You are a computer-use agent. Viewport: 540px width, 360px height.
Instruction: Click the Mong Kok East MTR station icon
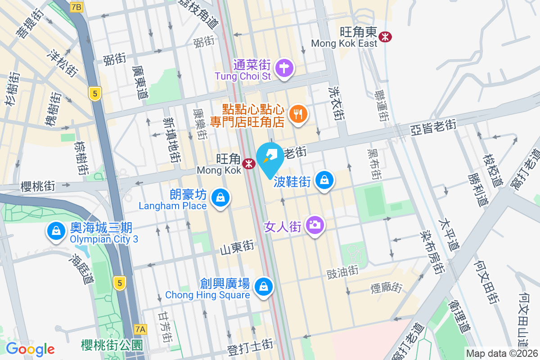(385, 36)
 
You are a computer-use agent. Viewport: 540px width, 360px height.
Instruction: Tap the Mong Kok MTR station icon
(248, 164)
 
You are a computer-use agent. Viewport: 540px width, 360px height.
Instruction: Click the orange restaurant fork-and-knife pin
(297, 113)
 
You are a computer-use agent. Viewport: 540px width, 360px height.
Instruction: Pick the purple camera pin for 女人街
(315, 225)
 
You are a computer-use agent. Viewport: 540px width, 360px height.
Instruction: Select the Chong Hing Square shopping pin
(262, 286)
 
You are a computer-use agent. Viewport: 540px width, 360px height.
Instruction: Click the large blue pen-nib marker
(270, 158)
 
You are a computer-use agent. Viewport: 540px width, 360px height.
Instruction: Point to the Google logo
(30, 349)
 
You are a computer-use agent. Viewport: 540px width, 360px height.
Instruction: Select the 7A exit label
(140, 329)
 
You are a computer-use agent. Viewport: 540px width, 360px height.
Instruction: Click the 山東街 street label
(237, 247)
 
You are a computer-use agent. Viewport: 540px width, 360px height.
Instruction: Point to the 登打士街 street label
(250, 345)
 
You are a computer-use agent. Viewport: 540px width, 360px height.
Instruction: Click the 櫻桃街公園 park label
(112, 346)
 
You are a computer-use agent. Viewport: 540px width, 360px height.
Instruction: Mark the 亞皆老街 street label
(433, 128)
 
